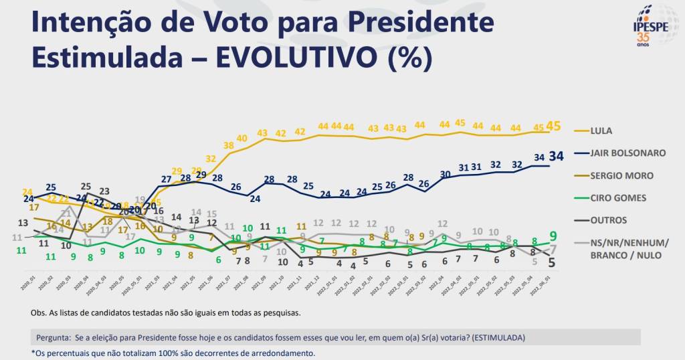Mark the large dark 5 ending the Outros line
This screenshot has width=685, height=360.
(552, 263)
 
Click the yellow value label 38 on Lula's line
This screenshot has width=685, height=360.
(229, 145)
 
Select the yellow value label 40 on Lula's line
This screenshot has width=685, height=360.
(242, 138)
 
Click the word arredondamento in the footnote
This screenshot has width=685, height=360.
(274, 353)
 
